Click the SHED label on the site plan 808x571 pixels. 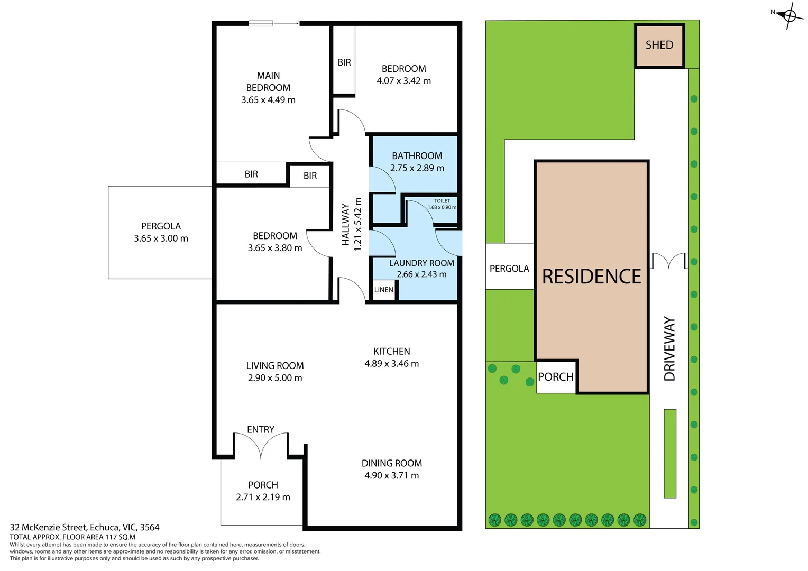tap(659, 45)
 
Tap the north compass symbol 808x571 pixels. tap(789, 16)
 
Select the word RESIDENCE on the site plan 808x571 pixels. tap(591, 277)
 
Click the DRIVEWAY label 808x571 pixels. tap(669, 348)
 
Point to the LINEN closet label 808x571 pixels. tap(383, 290)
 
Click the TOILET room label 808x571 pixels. tap(442, 201)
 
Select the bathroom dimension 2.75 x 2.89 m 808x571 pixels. tap(417, 168)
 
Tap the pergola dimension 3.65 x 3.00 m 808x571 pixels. tap(161, 238)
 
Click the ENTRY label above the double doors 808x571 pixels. tap(260, 429)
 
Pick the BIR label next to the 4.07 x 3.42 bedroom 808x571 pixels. tap(344, 62)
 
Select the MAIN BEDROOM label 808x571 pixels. tap(268, 81)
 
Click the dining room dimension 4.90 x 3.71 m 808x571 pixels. tap(391, 475)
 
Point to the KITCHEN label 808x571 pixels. tap(391, 351)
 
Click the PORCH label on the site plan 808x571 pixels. tap(555, 377)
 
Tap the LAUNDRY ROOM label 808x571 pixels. tap(421, 263)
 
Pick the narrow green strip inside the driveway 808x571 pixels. tap(670, 453)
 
